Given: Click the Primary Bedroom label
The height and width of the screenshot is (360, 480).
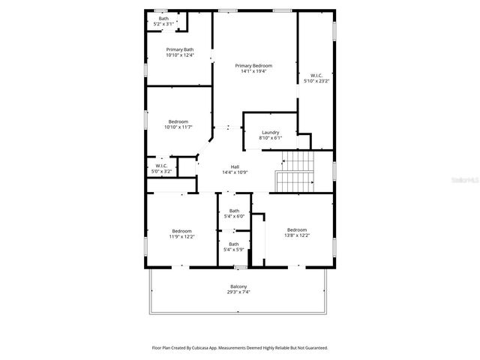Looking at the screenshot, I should pos(252,66).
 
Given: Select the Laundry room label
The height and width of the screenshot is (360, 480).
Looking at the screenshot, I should pos(270,133).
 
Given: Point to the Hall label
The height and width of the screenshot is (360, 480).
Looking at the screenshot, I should pos(235,166).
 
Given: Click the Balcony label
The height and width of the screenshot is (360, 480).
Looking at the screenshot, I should pos(238,287).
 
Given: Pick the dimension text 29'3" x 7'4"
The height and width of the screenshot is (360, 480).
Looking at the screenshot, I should pos(238,292).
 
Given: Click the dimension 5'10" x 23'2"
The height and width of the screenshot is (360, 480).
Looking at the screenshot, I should pos(316,80).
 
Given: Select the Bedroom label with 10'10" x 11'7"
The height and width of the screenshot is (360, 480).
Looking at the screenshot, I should pos(178,121).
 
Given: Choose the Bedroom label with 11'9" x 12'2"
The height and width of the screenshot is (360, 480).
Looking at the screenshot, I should pos(181,231).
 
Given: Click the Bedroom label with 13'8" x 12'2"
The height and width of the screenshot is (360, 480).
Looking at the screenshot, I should pos(296,229).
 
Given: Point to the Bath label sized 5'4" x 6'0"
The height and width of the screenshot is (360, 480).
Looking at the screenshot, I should pos(234,211).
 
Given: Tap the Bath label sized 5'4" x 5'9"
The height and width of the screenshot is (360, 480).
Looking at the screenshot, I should pos(234,244).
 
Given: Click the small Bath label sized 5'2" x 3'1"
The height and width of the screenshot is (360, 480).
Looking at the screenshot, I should pos(163,19).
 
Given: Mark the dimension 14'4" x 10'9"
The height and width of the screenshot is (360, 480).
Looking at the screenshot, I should pos(235,172).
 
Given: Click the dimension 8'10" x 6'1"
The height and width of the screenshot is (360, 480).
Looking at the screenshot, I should pos(270,138).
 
